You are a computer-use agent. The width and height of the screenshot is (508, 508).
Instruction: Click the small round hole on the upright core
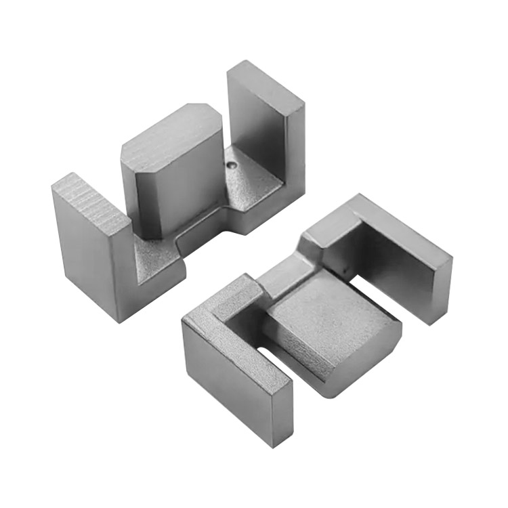click(234, 164)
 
